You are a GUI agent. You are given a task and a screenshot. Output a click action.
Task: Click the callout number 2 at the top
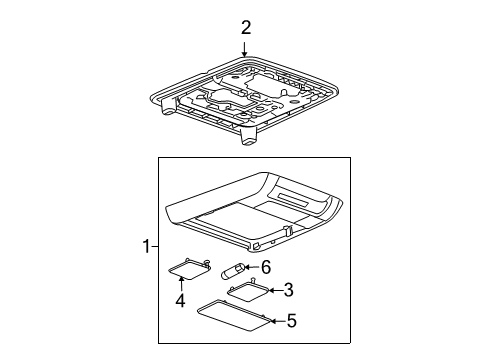point(245,28)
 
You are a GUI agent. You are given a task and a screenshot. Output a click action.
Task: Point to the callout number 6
point(267,267)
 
